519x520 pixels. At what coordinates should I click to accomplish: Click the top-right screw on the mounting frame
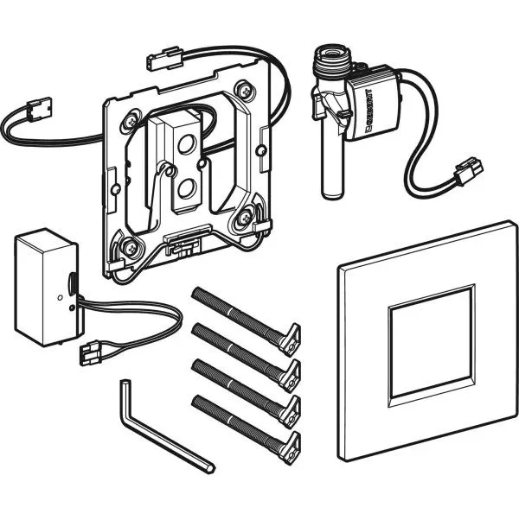(245, 90)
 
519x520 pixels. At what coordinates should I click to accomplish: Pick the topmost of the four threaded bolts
(246, 320)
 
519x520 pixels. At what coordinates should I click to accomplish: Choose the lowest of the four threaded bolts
(246, 428)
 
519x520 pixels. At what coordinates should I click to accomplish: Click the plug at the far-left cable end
(40, 107)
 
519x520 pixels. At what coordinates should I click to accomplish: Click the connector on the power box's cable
(90, 352)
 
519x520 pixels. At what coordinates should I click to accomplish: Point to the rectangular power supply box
(47, 287)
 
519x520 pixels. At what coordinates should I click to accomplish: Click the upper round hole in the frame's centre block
(185, 145)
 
